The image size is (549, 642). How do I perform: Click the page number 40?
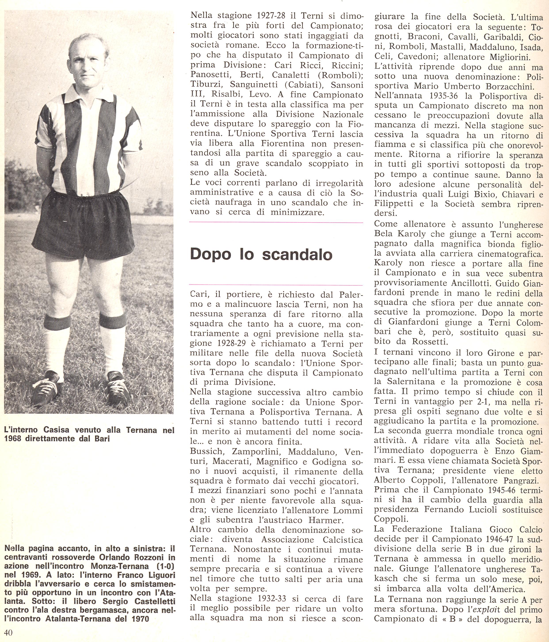pos(9,633)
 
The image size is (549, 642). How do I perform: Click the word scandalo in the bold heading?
pos(297,254)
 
